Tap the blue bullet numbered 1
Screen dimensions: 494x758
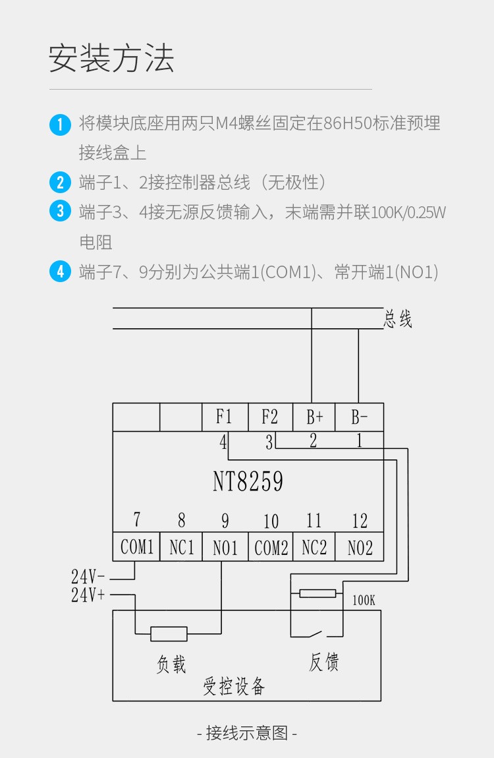pos(60,124)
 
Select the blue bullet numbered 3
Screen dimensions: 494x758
pos(60,212)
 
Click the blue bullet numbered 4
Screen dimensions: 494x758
pos(60,272)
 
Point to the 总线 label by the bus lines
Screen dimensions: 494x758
pos(398,320)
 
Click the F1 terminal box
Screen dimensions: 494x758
pos(225,417)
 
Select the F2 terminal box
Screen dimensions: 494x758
pos(270,417)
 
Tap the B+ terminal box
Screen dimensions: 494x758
pos(314,417)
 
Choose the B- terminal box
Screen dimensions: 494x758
pos(360,417)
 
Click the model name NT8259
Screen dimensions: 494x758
pos(248,482)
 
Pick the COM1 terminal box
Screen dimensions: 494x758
pos(136,547)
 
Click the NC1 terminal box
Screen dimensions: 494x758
pos(181,547)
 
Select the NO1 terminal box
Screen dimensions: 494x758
pos(225,547)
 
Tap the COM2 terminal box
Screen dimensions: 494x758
pos(271,547)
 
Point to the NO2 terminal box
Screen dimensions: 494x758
pos(360,547)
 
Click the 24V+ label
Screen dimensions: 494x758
pos(88,595)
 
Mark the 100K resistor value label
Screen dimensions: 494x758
pos(364,601)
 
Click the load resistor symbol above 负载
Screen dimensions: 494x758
pos(169,634)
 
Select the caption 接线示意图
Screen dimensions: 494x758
pos(247,733)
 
